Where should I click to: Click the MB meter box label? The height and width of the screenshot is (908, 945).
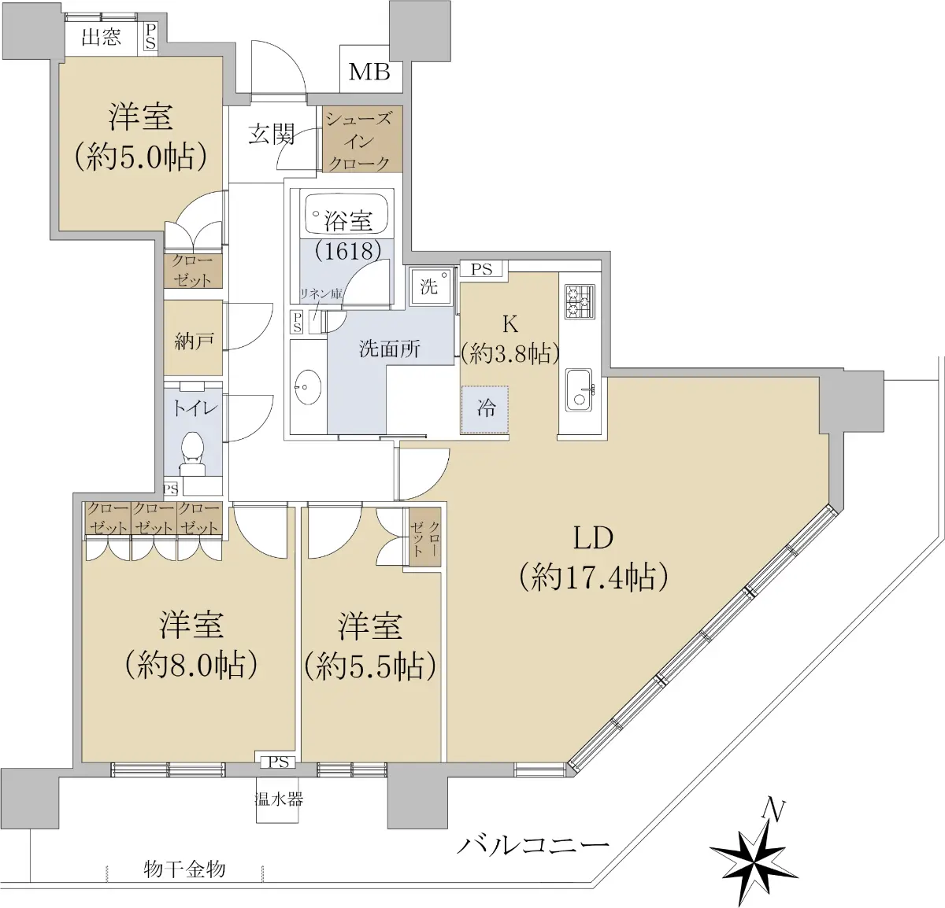click(369, 72)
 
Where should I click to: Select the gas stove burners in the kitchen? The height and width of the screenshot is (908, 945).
click(580, 301)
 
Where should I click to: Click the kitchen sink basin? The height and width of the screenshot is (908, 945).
click(580, 389)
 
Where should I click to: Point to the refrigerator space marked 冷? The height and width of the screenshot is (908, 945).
click(484, 409)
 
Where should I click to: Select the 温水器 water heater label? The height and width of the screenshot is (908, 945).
click(280, 799)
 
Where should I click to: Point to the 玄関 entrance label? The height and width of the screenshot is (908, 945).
click(272, 135)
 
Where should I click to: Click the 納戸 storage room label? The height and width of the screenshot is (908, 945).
click(193, 341)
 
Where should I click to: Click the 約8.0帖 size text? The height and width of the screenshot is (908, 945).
click(191, 666)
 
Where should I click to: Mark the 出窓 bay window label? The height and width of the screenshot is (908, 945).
click(101, 37)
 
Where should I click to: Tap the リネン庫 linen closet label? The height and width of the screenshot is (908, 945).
click(321, 293)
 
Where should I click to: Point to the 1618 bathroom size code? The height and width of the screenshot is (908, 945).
click(348, 250)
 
